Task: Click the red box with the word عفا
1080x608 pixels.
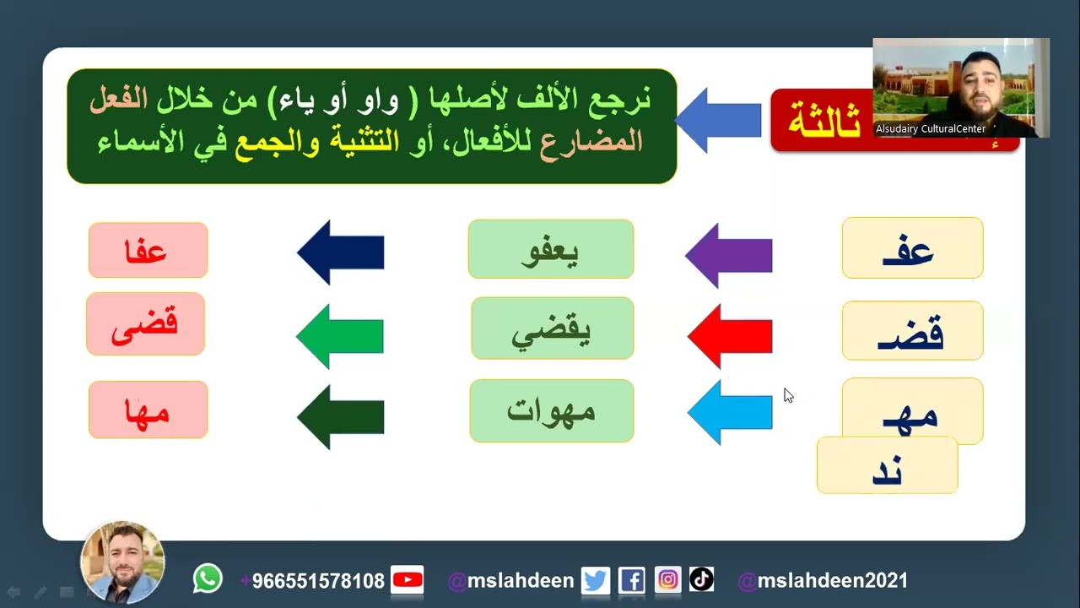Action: pyautogui.click(x=148, y=250)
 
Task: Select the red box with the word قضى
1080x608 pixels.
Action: pyautogui.click(x=145, y=323)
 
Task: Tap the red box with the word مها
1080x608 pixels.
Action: pyautogui.click(x=148, y=410)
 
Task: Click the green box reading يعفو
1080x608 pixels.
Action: pyautogui.click(x=550, y=249)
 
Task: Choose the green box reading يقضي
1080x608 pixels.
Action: pyautogui.click(x=552, y=328)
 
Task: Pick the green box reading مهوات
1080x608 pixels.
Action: pyautogui.click(x=551, y=410)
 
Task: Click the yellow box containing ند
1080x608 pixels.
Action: pyautogui.click(x=887, y=467)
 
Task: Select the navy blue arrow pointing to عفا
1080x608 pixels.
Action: pyautogui.click(x=341, y=252)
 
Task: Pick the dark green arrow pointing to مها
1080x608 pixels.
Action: pyautogui.click(x=341, y=417)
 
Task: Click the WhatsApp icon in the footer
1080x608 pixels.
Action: pyautogui.click(x=208, y=579)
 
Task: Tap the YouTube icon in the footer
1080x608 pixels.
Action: pyautogui.click(x=408, y=580)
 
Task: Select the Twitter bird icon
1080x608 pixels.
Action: pyautogui.click(x=595, y=581)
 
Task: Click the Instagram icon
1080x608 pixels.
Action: pyautogui.click(x=667, y=580)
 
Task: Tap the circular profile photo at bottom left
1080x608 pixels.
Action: pyautogui.click(x=122, y=562)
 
